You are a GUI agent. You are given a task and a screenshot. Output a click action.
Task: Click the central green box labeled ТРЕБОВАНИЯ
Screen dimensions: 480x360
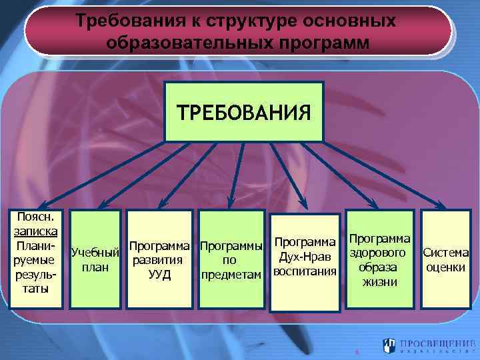coord(243,111)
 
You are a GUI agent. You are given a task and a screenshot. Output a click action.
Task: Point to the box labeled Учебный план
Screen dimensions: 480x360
coord(95,259)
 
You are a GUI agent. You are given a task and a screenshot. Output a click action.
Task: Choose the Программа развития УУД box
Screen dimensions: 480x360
coord(161,259)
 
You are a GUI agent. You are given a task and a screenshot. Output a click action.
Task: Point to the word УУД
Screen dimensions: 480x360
coord(161,275)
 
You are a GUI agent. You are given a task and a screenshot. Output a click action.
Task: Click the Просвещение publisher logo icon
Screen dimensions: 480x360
coord(389,345)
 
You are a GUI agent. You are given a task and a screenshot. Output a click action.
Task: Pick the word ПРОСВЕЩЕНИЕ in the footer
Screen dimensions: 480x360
coord(437,342)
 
